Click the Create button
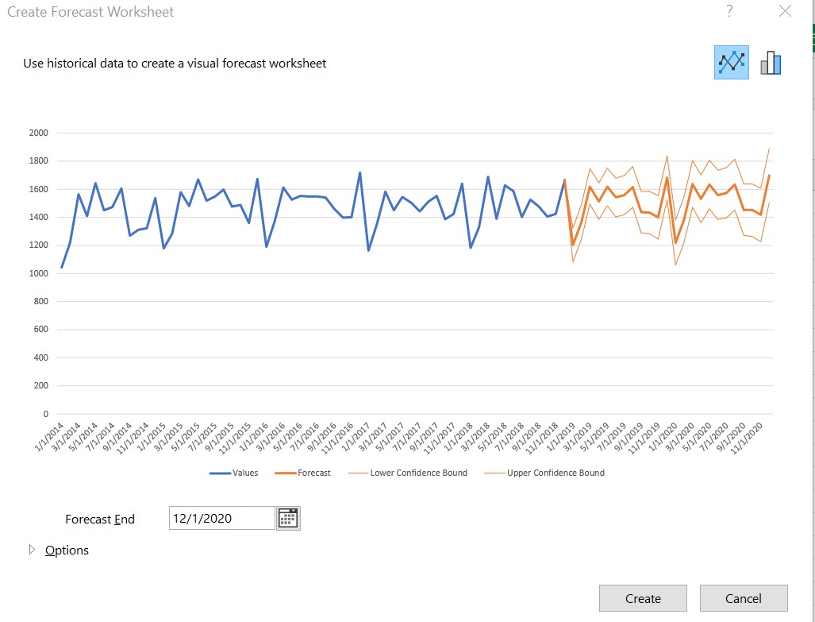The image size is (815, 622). pyautogui.click(x=643, y=599)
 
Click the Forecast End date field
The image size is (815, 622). pyautogui.click(x=221, y=518)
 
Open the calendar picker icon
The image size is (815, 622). pyautogui.click(x=288, y=518)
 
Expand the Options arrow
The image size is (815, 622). pyautogui.click(x=33, y=550)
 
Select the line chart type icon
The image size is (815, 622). pyautogui.click(x=731, y=62)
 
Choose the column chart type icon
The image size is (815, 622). pyautogui.click(x=771, y=63)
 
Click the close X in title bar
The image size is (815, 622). pyautogui.click(x=785, y=11)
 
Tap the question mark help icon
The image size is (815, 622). pyautogui.click(x=729, y=11)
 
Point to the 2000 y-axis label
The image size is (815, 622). pyautogui.click(x=38, y=133)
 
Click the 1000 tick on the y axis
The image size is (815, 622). pyautogui.click(x=38, y=273)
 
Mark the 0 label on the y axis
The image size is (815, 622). pyautogui.click(x=45, y=414)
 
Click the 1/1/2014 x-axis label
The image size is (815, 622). pyautogui.click(x=51, y=438)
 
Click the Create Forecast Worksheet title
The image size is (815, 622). pyautogui.click(x=90, y=12)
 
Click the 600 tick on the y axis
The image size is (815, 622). pyautogui.click(x=40, y=330)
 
